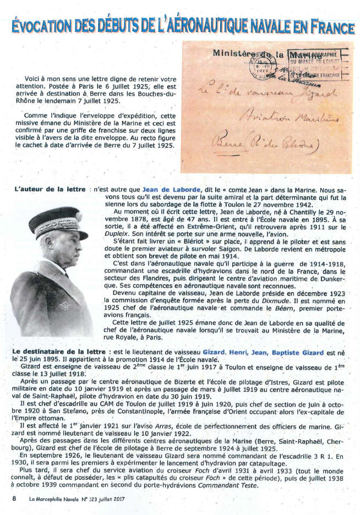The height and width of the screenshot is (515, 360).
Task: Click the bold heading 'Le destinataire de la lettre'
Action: point(59,350)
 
